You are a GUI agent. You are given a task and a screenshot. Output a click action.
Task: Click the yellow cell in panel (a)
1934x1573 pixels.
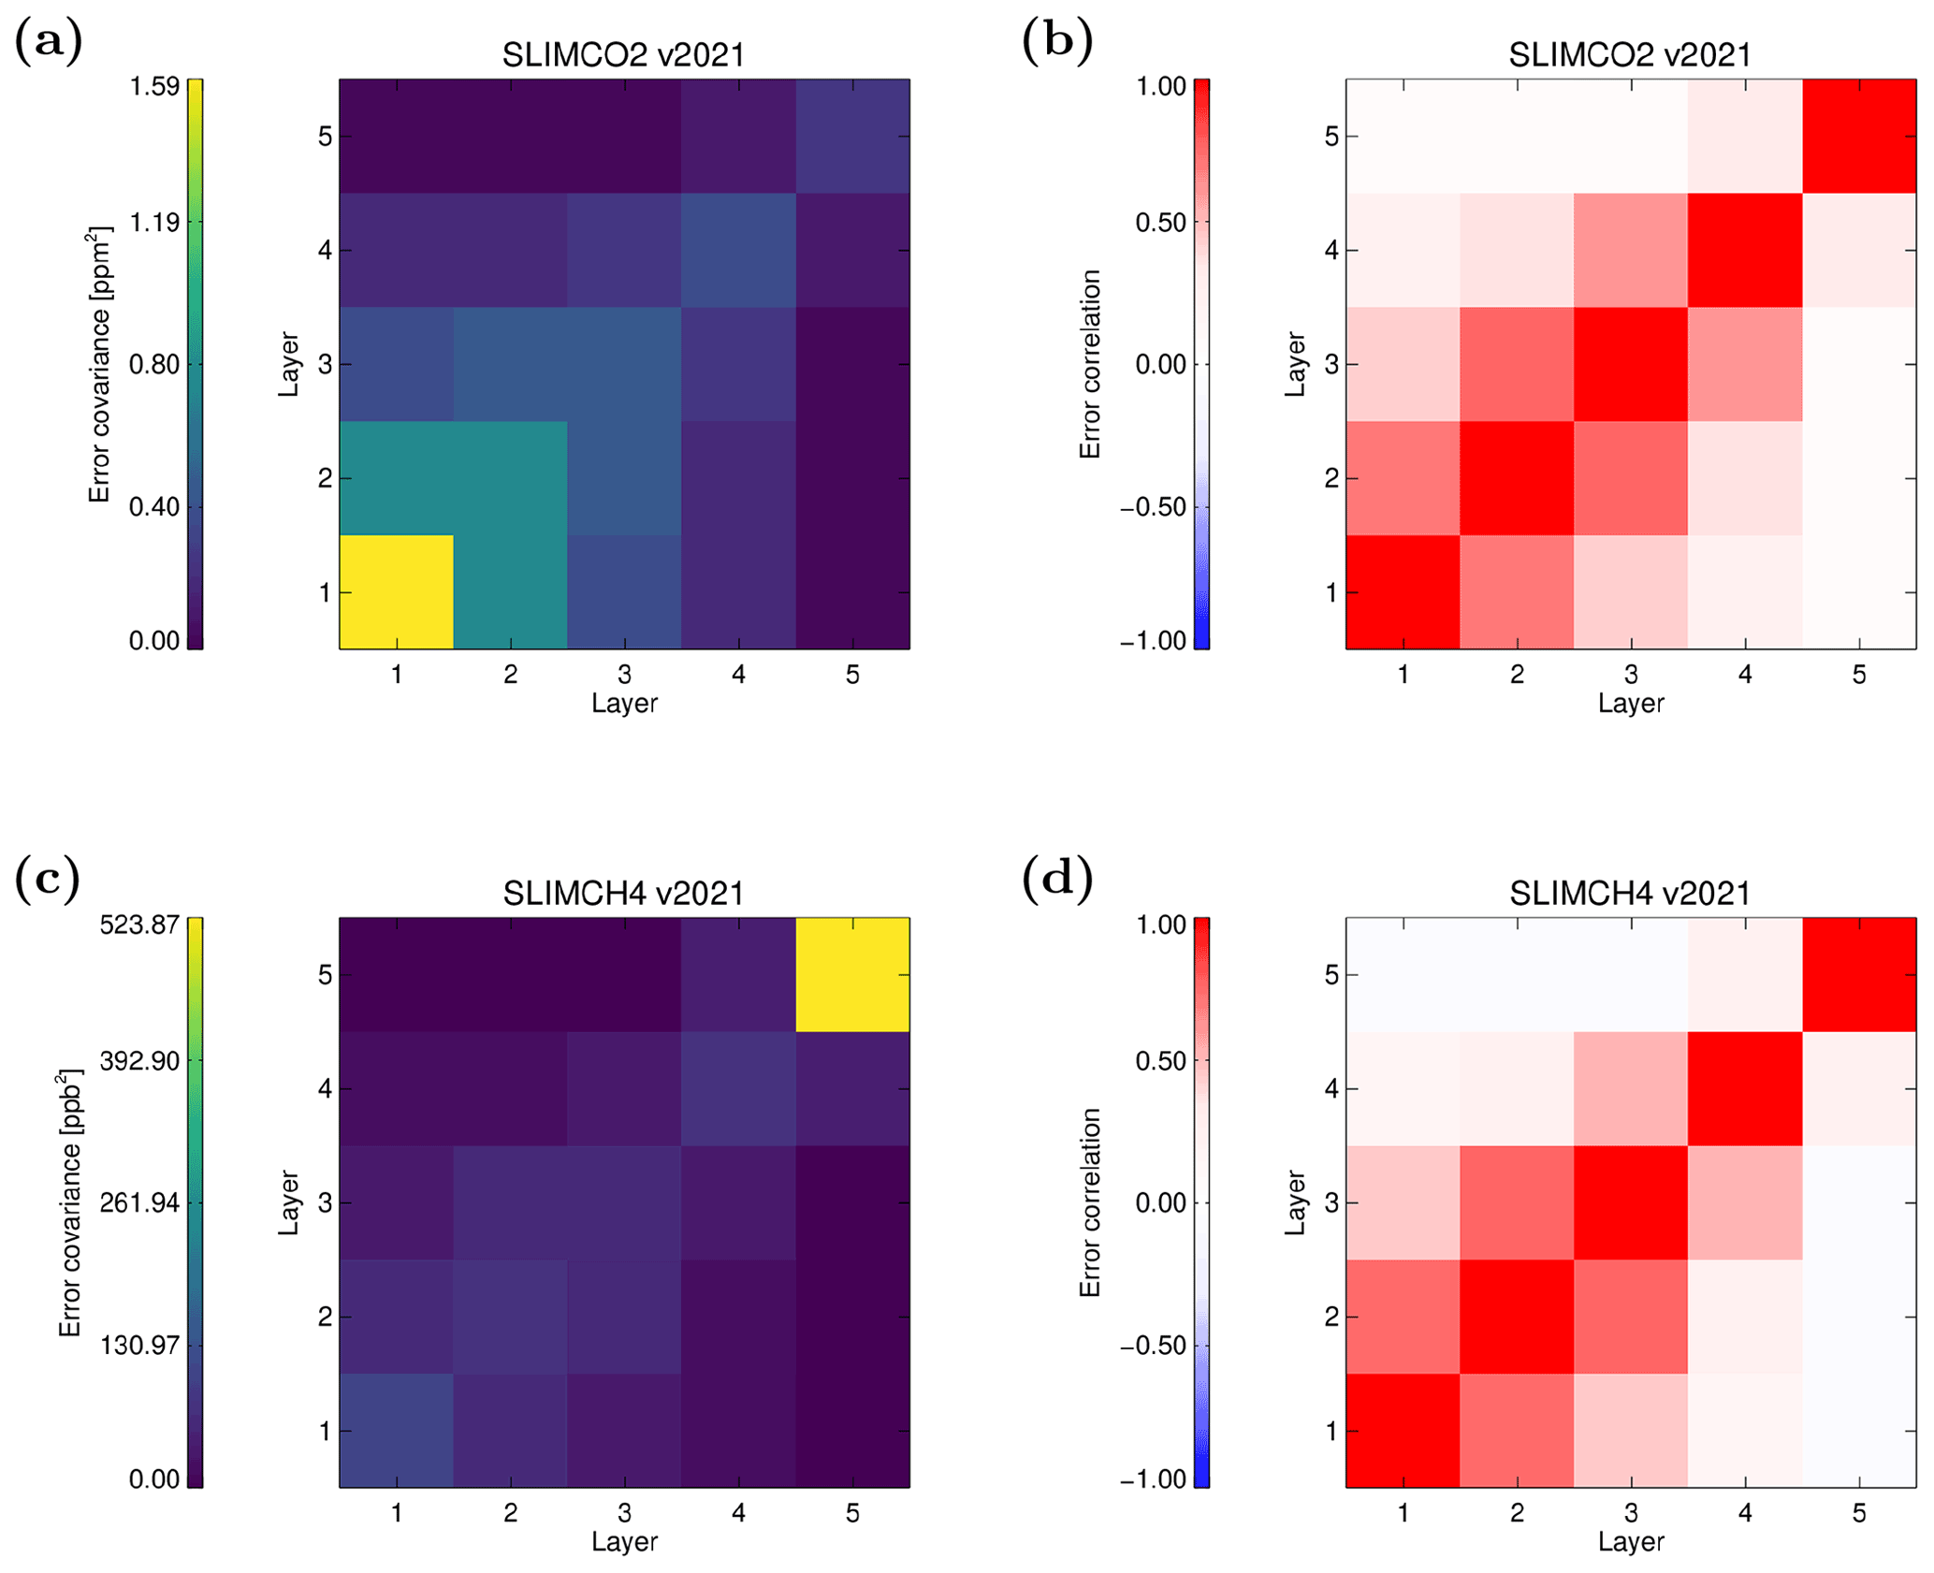coord(396,591)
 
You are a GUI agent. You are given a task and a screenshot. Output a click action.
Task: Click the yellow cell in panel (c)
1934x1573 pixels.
coord(851,974)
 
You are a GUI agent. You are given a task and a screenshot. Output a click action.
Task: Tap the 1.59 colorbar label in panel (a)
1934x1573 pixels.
coord(154,87)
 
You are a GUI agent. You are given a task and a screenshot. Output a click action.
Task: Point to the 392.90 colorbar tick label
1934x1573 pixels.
coord(140,1061)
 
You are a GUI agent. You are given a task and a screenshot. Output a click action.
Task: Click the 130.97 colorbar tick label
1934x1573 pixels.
coord(140,1345)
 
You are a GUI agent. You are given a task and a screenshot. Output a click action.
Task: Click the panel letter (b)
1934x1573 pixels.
coord(1056,42)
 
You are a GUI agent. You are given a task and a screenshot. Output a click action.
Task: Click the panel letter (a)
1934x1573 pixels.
coord(49,42)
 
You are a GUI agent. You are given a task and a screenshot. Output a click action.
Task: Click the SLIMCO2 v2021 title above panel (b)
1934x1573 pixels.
coord(1630,55)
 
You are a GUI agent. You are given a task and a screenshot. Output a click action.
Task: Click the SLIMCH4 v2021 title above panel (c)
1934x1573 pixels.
coord(623,894)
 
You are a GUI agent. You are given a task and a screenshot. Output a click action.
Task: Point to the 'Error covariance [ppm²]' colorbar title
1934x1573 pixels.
coord(100,364)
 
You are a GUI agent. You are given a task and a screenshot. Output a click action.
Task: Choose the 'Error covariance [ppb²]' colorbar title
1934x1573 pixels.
coord(71,1202)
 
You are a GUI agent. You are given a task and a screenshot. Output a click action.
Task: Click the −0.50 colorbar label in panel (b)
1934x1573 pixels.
coord(1153,507)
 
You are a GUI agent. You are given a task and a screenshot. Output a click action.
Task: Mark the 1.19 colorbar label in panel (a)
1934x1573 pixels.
coord(154,223)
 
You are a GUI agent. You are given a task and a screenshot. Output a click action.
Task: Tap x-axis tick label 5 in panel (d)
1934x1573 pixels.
coord(1858,1513)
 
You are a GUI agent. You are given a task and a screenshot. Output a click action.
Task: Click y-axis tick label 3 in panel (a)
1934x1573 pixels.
coord(325,364)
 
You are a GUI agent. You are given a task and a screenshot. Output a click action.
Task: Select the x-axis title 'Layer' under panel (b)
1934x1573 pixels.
coord(1630,704)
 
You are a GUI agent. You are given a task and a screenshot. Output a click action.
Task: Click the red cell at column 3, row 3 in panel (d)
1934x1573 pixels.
coord(1630,1202)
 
